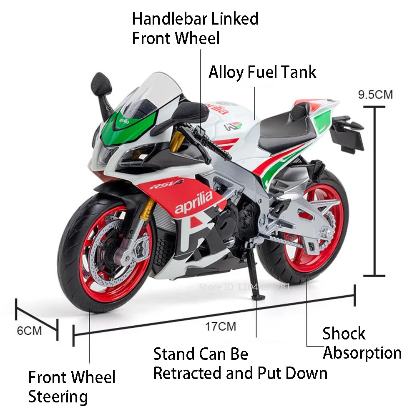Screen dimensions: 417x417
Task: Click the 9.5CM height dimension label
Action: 375,95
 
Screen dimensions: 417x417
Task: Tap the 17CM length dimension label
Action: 221,326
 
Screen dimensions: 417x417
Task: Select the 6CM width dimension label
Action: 29,331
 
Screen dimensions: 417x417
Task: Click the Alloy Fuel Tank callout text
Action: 262,72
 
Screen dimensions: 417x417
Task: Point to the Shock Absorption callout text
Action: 362,343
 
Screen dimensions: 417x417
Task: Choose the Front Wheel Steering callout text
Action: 71,387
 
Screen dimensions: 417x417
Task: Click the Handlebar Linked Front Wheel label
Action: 195,28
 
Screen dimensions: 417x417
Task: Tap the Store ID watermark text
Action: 244,287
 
